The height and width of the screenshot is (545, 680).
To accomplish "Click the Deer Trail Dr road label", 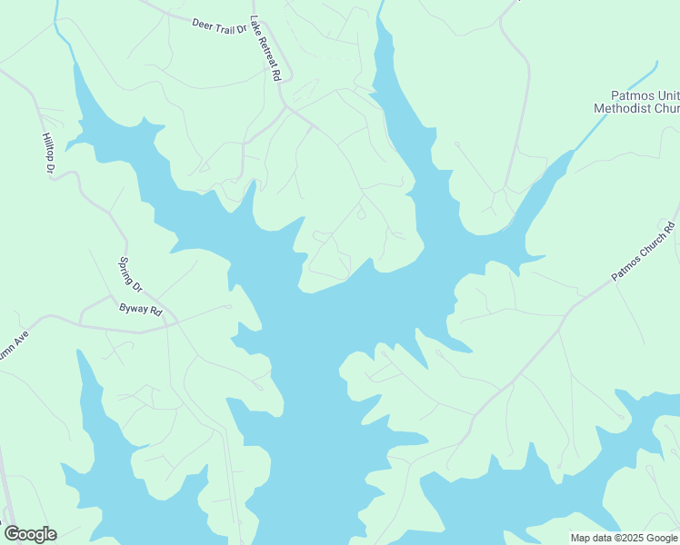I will click(219, 25).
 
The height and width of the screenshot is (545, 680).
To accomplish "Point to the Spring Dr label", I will click(132, 275).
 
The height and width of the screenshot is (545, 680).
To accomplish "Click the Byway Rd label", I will click(141, 310).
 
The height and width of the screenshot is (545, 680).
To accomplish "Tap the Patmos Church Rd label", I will click(645, 251).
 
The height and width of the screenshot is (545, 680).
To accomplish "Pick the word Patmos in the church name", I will click(630, 94).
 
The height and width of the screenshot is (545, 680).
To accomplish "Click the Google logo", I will click(30, 534).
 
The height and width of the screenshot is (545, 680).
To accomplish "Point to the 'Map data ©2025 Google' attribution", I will click(624, 538).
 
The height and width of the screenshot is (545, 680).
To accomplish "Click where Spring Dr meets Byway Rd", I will click(112, 295).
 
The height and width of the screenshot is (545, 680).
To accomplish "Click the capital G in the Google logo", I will click(12, 534).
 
